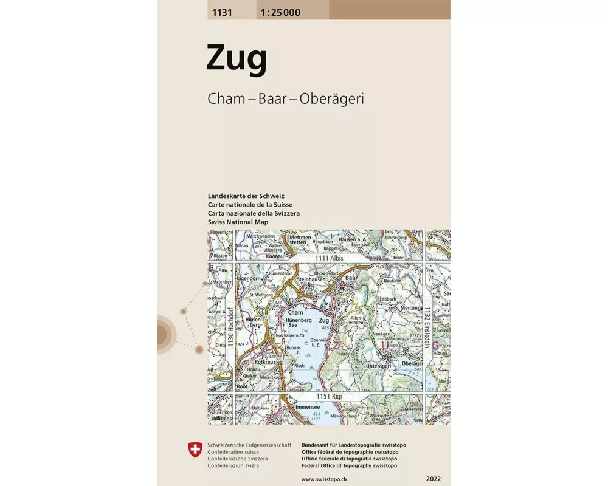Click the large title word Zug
(237, 60)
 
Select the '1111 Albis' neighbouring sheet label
(330, 258)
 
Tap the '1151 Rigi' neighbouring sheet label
(328, 397)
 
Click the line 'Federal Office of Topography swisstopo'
(349, 465)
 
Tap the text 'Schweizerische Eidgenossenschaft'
(241, 445)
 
